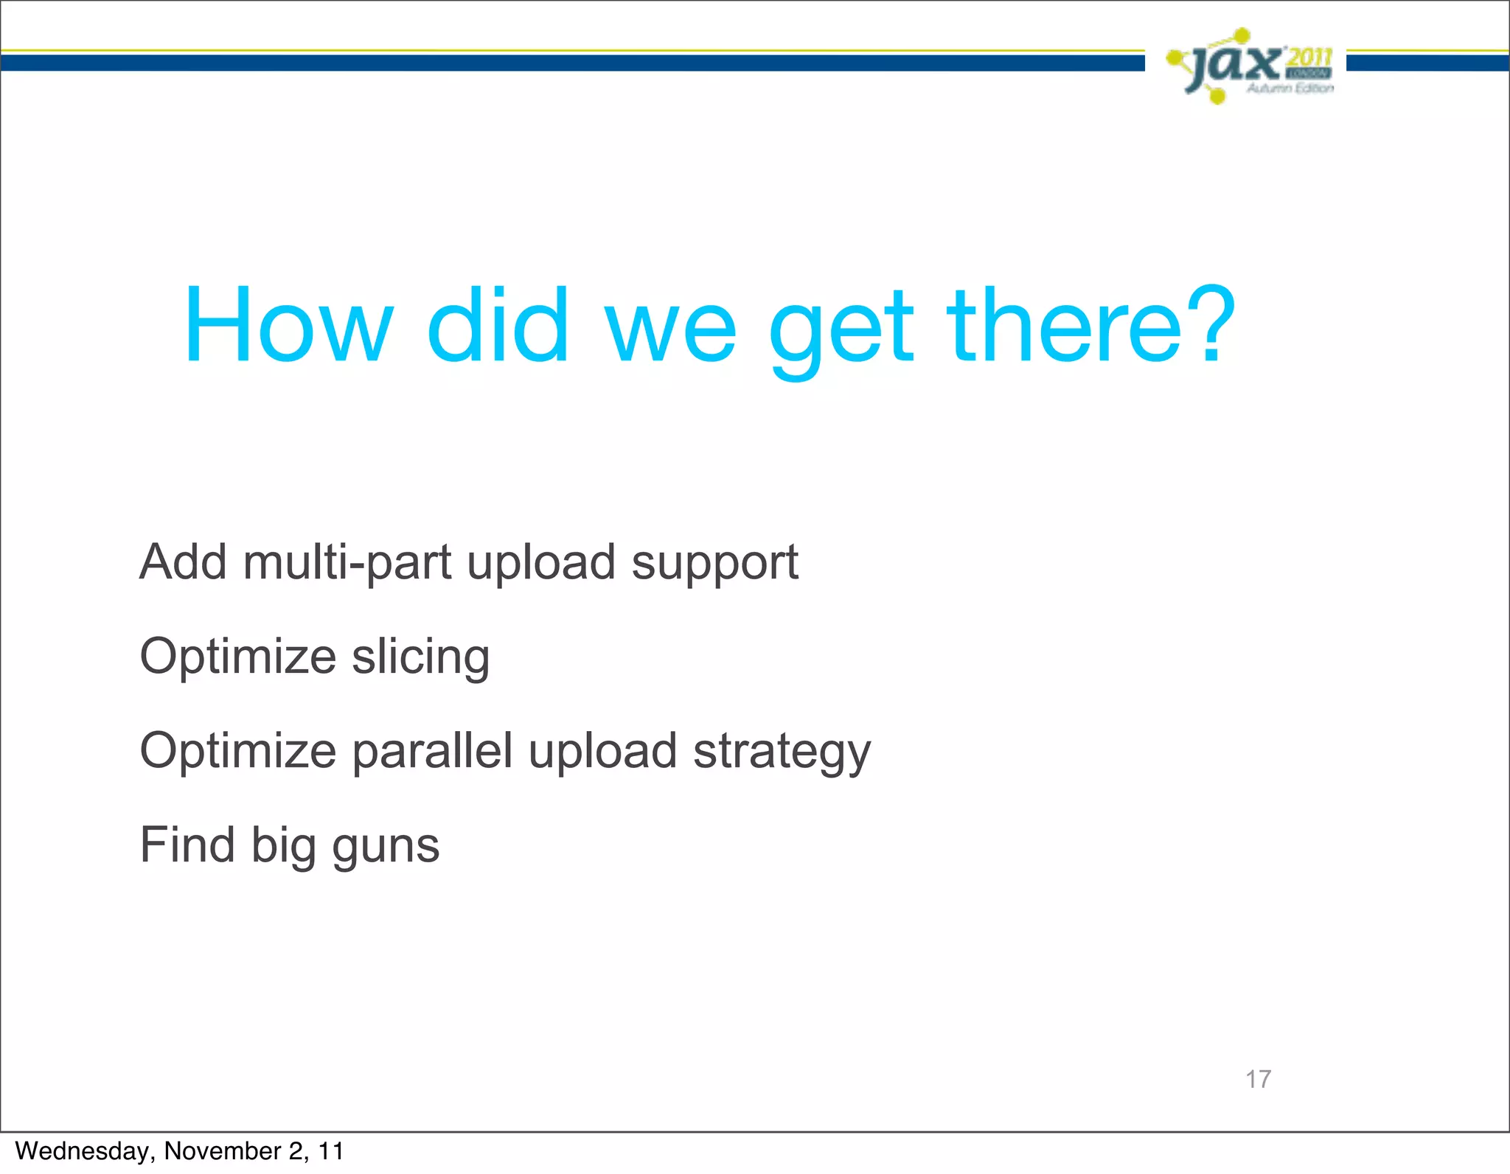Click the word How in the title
pos(288,326)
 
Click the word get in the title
pos(841,332)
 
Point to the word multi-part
pos(347,562)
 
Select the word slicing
pos(420,657)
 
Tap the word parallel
pos(432,752)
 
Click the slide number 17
pos(1258,1079)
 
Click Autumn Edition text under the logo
pos(1290,88)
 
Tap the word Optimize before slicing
pos(237,657)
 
